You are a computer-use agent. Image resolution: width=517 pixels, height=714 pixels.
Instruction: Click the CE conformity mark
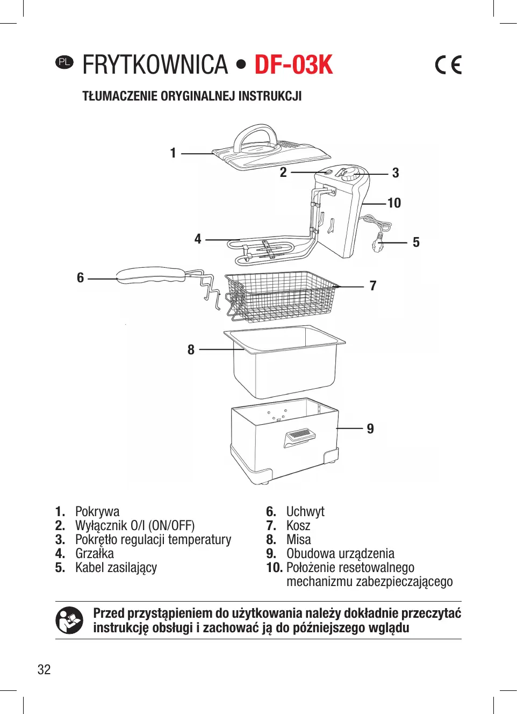[448, 65]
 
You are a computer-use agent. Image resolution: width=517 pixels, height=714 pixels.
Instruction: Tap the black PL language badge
[64, 62]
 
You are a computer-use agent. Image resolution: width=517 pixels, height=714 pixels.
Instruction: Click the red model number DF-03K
[293, 65]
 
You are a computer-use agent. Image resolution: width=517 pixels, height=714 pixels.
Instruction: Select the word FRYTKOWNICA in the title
[155, 65]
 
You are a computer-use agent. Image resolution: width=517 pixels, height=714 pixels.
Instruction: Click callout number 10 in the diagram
[394, 203]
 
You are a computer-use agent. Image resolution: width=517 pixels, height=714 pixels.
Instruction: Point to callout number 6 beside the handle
[81, 277]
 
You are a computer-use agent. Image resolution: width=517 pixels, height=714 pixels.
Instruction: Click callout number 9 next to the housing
[370, 429]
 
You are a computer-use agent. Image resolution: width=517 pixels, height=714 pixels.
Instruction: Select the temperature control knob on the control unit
[350, 174]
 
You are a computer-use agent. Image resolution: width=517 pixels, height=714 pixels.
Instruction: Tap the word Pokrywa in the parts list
[97, 511]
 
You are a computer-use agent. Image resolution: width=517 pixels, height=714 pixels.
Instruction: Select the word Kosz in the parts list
[298, 525]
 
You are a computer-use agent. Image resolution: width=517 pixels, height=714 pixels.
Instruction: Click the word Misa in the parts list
[298, 539]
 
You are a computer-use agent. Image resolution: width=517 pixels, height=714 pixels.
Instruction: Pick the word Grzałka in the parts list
[95, 553]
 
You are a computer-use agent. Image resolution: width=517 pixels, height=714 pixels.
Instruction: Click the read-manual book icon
[69, 620]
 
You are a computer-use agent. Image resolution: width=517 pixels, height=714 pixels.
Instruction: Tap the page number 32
[44, 669]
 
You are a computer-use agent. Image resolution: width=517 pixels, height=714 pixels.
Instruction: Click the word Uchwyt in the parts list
[305, 511]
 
